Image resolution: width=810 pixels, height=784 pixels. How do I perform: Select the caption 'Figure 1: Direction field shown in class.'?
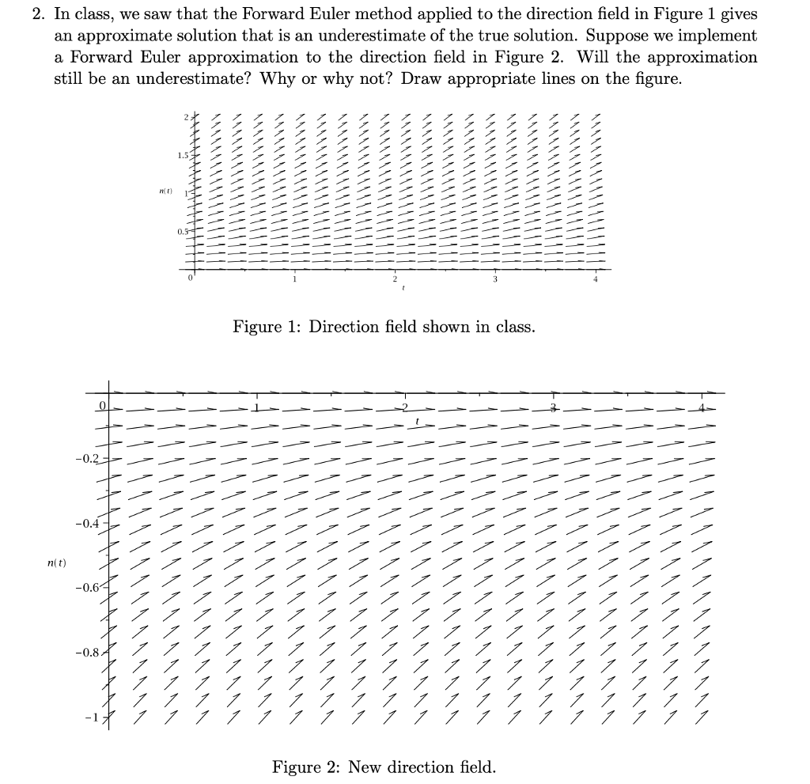(x=384, y=327)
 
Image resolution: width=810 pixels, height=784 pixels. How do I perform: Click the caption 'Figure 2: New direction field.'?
(x=384, y=767)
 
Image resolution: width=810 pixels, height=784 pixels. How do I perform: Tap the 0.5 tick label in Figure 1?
(x=184, y=231)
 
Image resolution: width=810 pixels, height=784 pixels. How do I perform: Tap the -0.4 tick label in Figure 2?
(x=88, y=523)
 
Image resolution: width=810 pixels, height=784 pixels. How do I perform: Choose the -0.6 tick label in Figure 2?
(x=88, y=588)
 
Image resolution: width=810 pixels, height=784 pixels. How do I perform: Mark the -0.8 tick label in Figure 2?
(x=88, y=653)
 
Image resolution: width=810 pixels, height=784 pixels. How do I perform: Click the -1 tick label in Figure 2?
(x=94, y=717)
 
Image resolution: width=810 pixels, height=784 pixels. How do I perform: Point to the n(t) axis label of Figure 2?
(x=56, y=562)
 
